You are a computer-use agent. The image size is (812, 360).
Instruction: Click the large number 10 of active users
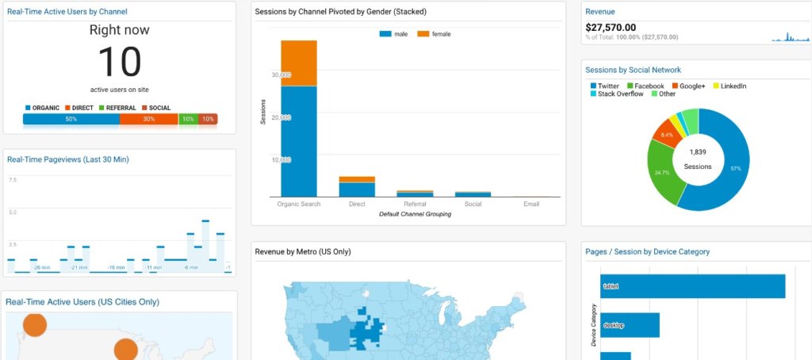pyautogui.click(x=119, y=62)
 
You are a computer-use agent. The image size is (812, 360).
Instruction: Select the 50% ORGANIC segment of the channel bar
pyautogui.click(x=71, y=119)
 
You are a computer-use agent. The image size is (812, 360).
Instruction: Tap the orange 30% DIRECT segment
pyautogui.click(x=148, y=119)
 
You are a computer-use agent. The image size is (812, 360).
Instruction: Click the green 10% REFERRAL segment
pyautogui.click(x=188, y=119)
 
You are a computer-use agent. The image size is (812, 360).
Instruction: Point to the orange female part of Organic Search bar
pyautogui.click(x=299, y=63)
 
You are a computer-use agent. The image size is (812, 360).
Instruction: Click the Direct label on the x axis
pyautogui.click(x=357, y=204)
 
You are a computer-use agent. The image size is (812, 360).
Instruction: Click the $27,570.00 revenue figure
pyautogui.click(x=611, y=27)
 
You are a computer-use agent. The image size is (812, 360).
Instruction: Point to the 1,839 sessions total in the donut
pyautogui.click(x=698, y=151)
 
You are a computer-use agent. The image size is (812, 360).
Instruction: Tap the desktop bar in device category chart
pyautogui.click(x=630, y=325)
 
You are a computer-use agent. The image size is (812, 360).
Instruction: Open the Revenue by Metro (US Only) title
pyautogui.click(x=303, y=252)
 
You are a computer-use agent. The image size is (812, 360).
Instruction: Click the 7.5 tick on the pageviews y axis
pyautogui.click(x=12, y=180)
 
